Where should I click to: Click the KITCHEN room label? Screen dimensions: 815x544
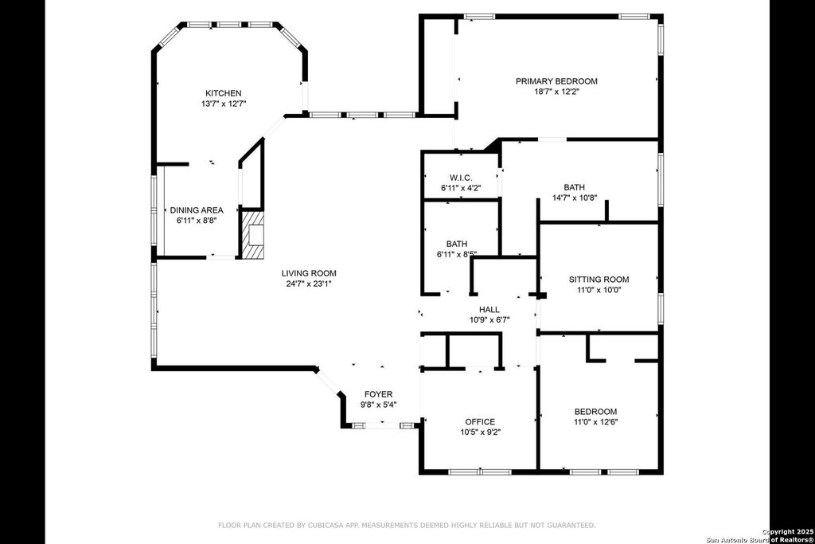(224, 93)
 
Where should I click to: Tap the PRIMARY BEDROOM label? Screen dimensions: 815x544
(556, 81)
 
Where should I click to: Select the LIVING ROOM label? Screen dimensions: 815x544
(309, 273)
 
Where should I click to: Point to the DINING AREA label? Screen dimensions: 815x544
(197, 210)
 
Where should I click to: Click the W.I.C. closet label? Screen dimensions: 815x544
(461, 178)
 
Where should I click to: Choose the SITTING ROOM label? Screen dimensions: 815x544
(599, 280)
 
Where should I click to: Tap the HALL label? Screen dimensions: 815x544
(489, 310)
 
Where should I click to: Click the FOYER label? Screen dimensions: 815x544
(378, 394)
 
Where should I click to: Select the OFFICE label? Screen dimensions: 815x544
(480, 422)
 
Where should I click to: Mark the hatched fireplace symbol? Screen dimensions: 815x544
(252, 234)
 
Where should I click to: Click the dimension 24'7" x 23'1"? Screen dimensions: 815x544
(309, 284)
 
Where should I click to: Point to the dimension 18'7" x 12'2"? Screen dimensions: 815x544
(556, 92)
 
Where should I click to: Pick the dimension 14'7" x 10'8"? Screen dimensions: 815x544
(575, 198)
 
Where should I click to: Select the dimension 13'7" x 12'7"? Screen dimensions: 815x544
(224, 104)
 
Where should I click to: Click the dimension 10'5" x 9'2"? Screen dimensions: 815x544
(480, 432)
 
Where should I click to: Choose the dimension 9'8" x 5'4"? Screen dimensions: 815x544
(379, 405)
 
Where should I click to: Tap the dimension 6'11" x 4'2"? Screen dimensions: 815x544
(461, 188)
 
